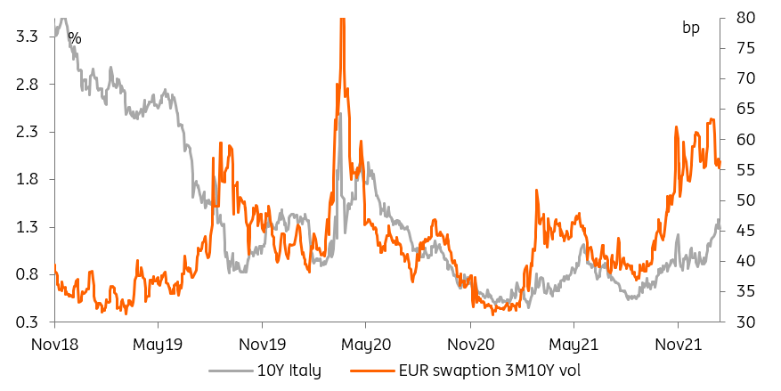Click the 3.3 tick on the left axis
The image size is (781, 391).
coord(25,37)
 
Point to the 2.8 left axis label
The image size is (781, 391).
coord(25,85)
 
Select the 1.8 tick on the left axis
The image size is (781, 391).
coord(25,179)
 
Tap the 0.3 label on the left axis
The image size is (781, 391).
coord(25,322)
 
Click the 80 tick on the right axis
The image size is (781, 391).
coord(747,18)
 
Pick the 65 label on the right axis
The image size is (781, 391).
coord(747,109)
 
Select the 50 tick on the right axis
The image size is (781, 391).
coord(747,200)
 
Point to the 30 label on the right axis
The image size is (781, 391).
coord(747,322)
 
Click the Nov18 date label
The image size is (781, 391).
coord(55,344)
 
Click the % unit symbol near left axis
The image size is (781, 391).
coord(75,38)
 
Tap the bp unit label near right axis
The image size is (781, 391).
coord(691,28)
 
